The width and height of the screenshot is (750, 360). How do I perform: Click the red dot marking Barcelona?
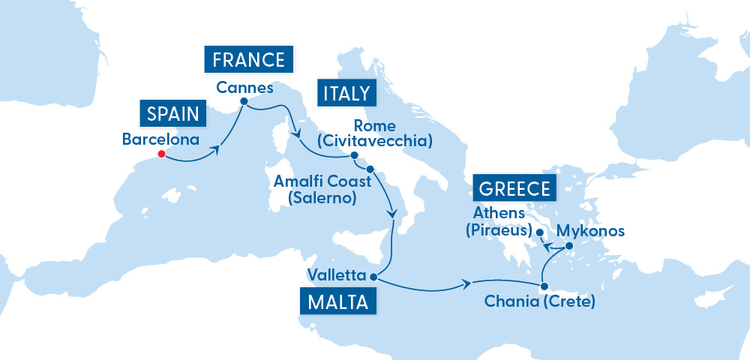pos(160,155)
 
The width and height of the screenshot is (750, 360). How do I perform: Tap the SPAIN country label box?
pos(172,115)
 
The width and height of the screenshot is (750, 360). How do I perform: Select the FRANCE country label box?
pos(248,60)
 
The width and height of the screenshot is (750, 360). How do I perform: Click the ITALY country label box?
pos(346,93)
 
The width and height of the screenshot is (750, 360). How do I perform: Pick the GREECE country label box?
pos(515,188)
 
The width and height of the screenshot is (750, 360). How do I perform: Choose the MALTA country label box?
pos(337,302)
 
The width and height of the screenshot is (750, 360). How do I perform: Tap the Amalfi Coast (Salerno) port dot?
pos(370,169)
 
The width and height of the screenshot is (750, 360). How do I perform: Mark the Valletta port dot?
pos(373,277)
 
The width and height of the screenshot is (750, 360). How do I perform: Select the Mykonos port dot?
pos(568,246)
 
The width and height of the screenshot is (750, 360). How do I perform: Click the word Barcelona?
pos(160,139)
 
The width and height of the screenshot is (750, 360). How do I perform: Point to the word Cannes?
pos(244,87)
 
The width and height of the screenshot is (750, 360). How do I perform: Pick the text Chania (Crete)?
pos(540,303)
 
